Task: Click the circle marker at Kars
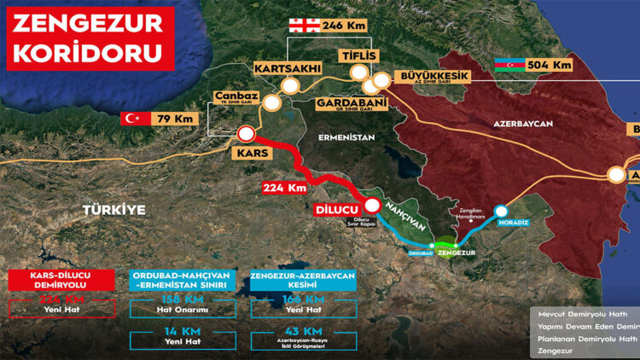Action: (x=247, y=133)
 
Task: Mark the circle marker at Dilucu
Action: (x=373, y=205)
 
